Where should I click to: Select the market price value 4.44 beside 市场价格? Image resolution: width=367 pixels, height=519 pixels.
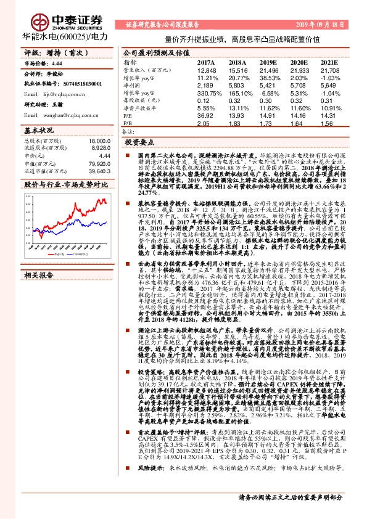57,63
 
